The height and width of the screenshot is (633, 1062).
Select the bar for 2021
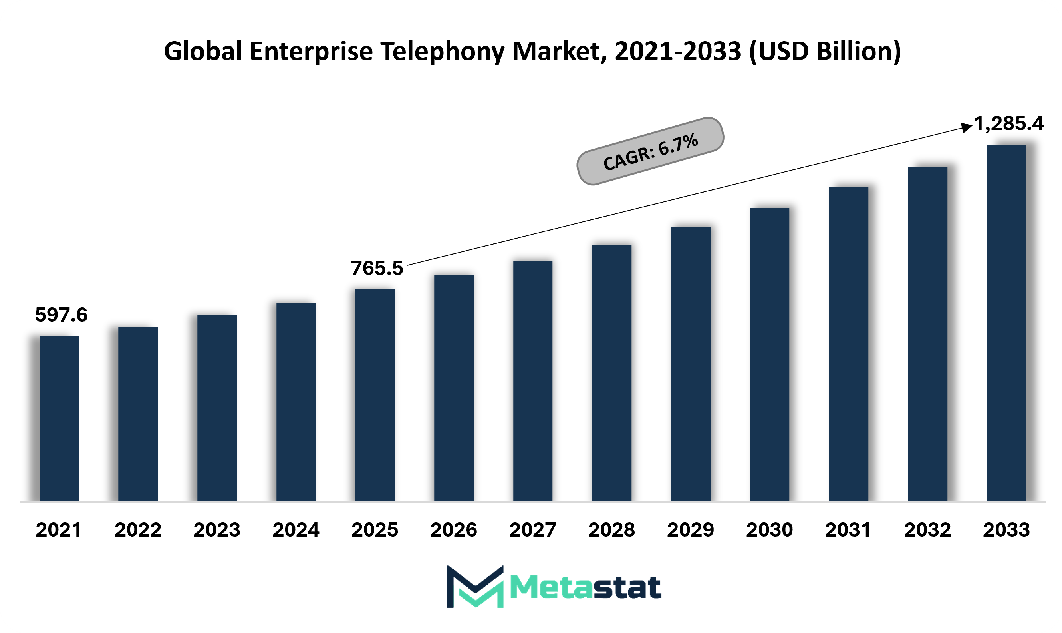pos(59,418)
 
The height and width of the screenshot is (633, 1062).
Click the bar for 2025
pos(375,395)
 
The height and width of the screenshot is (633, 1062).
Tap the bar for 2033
pos(1006,322)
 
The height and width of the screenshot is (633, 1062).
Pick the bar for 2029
pos(691,363)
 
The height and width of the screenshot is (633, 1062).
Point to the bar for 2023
pos(217,408)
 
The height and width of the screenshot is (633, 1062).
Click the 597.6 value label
pos(62,315)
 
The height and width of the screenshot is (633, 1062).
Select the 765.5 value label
pos(377,268)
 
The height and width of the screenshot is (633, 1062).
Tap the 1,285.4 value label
pos(1009,124)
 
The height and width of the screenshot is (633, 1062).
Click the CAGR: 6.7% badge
pos(650,151)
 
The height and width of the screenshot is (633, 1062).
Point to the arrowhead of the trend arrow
pos(967,127)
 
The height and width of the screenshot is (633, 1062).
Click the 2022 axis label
pos(138,530)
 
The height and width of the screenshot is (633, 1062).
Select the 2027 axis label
pos(533,530)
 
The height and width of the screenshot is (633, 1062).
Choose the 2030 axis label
pos(770,530)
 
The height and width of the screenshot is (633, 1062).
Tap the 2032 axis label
pos(927,530)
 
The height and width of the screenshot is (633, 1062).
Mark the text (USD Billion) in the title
pos(825,52)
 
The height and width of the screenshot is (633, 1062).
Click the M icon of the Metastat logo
pos(475,587)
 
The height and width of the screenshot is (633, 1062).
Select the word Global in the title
pos(203,52)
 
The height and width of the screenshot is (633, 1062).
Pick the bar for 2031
pos(848,344)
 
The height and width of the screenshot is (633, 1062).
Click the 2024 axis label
pos(296,530)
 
